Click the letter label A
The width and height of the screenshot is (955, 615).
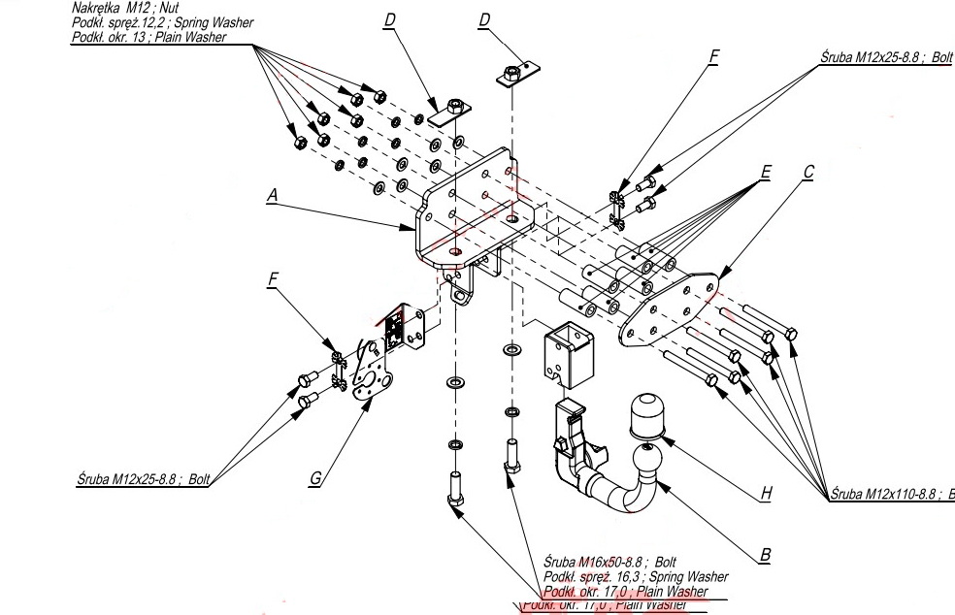pos(273,195)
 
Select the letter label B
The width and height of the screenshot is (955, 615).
pos(766,555)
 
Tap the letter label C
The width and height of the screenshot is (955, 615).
pos(808,173)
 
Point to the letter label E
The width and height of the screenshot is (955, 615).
pos(766,173)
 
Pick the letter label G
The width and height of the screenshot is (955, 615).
pos(316,477)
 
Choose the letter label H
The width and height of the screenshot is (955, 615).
pos(766,493)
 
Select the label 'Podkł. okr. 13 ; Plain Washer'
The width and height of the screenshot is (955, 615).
pos(148,37)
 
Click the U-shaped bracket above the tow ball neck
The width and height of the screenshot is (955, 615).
pos(565,351)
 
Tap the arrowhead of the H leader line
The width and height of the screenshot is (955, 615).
pos(669,441)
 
